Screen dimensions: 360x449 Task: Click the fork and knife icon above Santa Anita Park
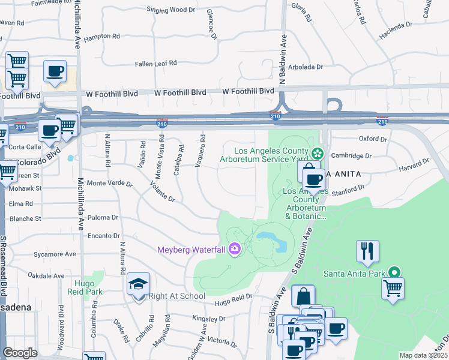point(367,250)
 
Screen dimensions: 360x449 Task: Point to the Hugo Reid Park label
point(88,287)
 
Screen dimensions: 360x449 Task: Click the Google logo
point(20,353)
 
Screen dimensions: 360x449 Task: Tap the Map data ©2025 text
point(423,355)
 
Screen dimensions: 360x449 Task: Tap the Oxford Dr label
point(373,139)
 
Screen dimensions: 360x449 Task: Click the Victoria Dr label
point(221,341)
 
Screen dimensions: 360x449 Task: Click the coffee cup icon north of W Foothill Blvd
point(55,71)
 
